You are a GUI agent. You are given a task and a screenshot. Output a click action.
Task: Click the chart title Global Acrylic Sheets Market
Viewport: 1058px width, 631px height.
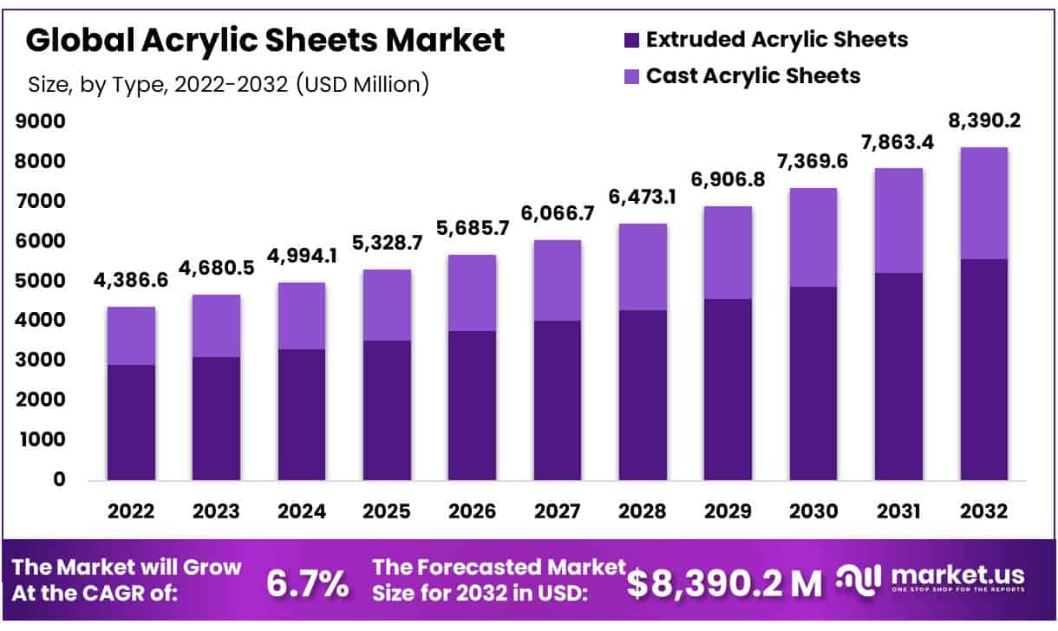pyautogui.click(x=265, y=41)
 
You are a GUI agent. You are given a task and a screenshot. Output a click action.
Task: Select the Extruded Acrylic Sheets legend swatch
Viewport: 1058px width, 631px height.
pyautogui.click(x=630, y=40)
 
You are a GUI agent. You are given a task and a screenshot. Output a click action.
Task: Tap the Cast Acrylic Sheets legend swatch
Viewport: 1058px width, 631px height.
pyautogui.click(x=630, y=76)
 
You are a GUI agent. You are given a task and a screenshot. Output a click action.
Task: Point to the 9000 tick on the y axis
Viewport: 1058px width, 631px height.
pyautogui.click(x=41, y=122)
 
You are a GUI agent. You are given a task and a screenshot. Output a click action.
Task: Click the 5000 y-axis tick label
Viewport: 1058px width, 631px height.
pyautogui.click(x=41, y=281)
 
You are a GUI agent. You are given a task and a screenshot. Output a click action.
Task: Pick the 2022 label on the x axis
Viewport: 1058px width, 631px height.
pyautogui.click(x=131, y=511)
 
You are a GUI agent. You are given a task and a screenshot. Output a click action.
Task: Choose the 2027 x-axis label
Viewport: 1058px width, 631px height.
pyautogui.click(x=558, y=511)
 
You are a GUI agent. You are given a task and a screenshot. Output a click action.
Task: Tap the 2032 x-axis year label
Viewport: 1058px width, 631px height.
pyautogui.click(x=983, y=511)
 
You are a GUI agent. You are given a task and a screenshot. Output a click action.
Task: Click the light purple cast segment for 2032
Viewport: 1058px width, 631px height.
pyautogui.click(x=983, y=203)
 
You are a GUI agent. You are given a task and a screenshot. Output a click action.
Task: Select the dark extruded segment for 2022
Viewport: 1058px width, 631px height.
pyautogui.click(x=131, y=422)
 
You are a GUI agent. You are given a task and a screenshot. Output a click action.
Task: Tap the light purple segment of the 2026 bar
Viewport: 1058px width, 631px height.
pyautogui.click(x=473, y=293)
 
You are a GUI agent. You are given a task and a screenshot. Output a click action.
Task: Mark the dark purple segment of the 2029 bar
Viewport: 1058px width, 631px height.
pyautogui.click(x=728, y=389)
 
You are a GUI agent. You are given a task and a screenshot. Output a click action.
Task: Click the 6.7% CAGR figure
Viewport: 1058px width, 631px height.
pyautogui.click(x=306, y=584)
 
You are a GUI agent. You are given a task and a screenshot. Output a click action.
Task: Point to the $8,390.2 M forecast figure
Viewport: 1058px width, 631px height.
pyautogui.click(x=724, y=584)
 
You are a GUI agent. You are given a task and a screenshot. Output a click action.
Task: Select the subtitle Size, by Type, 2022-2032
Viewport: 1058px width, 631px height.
pyautogui.click(x=228, y=84)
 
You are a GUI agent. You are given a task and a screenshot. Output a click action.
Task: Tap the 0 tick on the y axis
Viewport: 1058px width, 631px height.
pyautogui.click(x=59, y=479)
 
